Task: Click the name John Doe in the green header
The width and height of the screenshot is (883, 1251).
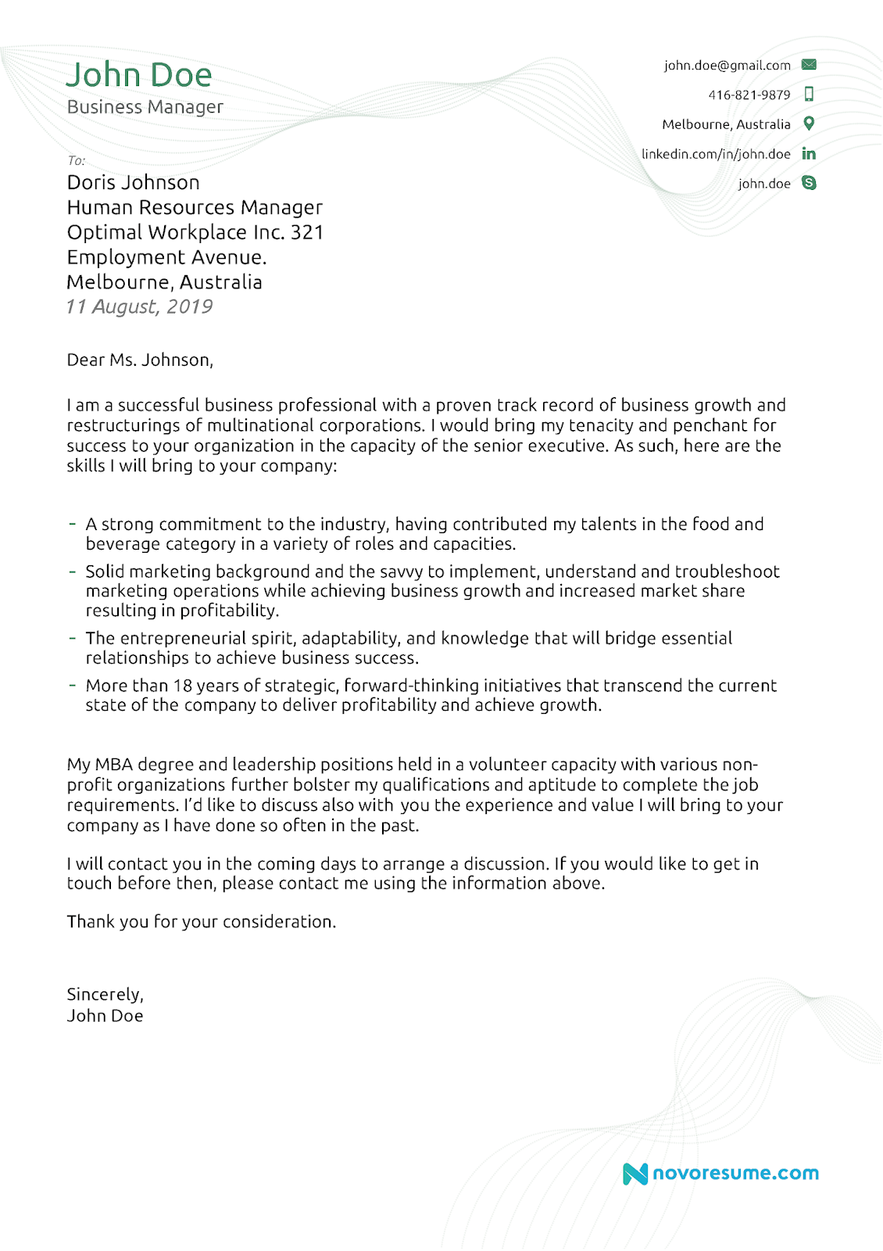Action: [x=139, y=75]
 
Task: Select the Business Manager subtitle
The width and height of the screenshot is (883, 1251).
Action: [x=145, y=107]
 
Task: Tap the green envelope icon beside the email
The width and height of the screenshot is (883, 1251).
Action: [x=809, y=65]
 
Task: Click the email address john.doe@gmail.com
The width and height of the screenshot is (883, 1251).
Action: [x=727, y=66]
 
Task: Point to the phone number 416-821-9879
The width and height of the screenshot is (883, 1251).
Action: [x=749, y=95]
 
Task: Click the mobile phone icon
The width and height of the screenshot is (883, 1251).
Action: [x=809, y=95]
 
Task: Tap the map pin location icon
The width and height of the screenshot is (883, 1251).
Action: [x=809, y=124]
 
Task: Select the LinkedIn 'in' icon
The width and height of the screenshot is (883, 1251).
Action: [x=809, y=154]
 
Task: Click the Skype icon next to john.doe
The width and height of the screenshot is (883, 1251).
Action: [x=809, y=183]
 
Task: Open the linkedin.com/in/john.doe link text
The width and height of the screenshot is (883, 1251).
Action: [x=716, y=154]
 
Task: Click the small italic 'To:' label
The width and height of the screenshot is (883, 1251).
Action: [x=76, y=161]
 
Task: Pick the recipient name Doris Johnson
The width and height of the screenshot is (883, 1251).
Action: [x=134, y=183]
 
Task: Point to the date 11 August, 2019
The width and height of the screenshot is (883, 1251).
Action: [x=139, y=306]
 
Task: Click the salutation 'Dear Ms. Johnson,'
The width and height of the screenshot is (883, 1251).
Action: [x=140, y=360]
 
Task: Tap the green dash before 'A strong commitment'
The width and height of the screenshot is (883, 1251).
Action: [x=73, y=524]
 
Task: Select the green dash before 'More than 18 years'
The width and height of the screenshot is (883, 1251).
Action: [x=73, y=685]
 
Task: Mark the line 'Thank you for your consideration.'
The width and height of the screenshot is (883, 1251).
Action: [x=201, y=922]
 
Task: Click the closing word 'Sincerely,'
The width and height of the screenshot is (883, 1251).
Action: [x=105, y=995]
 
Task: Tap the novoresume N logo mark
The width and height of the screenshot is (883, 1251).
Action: [x=635, y=1174]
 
